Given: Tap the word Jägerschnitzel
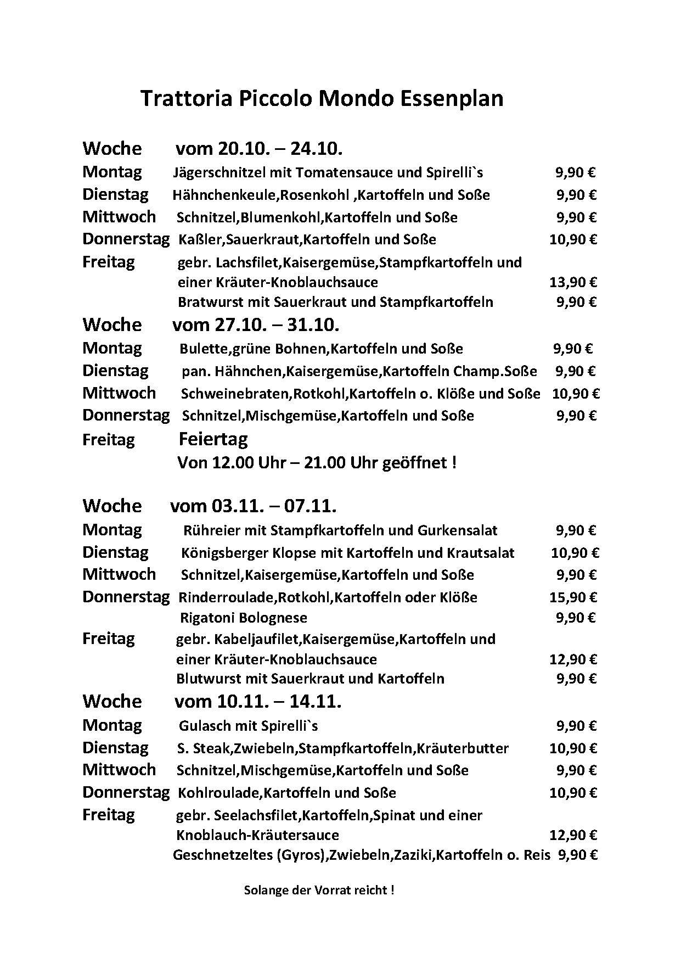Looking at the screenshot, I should [x=218, y=173].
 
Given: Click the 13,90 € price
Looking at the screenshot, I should [x=573, y=283].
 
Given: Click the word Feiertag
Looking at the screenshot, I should [x=213, y=439].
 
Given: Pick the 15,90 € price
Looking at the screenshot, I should [x=573, y=597].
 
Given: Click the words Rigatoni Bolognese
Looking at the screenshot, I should [x=244, y=618].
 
